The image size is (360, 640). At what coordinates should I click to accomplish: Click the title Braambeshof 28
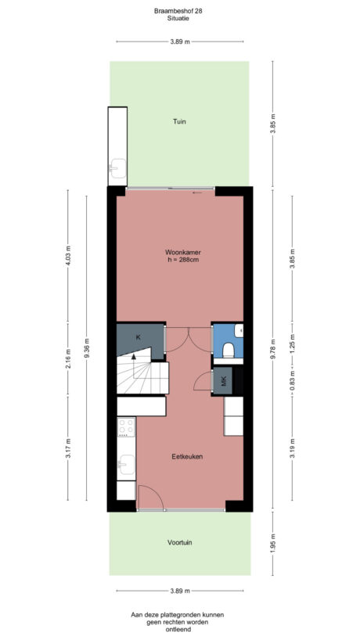pyautogui.click(x=178, y=10)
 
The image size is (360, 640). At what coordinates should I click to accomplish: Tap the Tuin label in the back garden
pyautogui.click(x=180, y=121)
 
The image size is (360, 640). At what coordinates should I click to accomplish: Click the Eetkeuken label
pyautogui.click(x=183, y=455)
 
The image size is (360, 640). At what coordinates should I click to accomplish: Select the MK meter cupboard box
pyautogui.click(x=223, y=382)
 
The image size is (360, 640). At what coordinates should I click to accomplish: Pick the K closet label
pyautogui.click(x=138, y=336)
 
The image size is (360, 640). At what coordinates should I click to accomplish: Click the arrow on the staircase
pyautogui.click(x=134, y=357)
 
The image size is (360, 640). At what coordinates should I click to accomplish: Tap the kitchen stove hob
pyautogui.click(x=125, y=429)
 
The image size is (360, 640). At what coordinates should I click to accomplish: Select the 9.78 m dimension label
pyautogui.click(x=272, y=347)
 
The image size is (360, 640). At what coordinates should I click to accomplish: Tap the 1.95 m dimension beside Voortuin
pyautogui.click(x=272, y=542)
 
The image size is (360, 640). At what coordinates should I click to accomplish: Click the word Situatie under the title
pyautogui.click(x=178, y=19)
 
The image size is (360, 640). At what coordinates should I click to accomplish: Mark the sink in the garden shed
pyautogui.click(x=117, y=167)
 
